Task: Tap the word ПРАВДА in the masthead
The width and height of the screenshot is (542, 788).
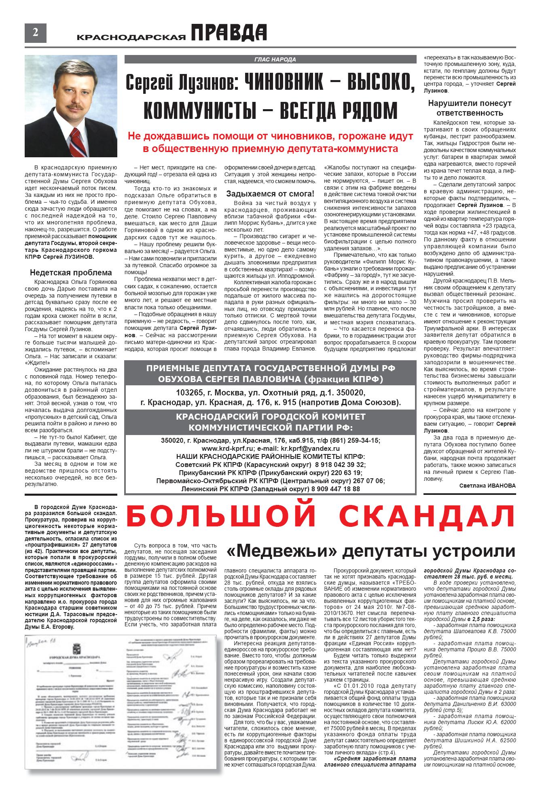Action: (229, 33)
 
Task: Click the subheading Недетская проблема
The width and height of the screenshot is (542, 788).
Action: (71, 273)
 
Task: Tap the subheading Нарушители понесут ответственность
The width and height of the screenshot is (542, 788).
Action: (470, 108)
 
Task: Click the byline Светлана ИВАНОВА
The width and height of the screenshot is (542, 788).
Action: (487, 486)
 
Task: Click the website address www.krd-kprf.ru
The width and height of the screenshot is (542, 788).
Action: (224, 448)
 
